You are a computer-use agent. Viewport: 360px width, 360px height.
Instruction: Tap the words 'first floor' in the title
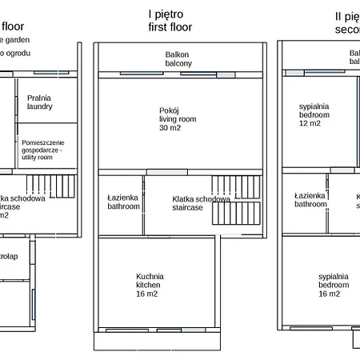tap(170, 26)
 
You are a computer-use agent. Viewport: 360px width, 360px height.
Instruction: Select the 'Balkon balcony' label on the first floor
tap(178, 58)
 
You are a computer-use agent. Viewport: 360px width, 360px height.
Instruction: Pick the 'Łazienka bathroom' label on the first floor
tap(123, 201)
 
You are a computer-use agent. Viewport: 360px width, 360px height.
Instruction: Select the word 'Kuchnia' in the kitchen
tap(152, 277)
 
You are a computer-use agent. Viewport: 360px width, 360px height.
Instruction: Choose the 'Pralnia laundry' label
tap(39, 101)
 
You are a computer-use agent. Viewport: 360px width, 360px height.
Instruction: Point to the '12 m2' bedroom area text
tap(310, 123)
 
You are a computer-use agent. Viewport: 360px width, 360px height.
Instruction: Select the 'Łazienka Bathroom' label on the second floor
tap(310, 199)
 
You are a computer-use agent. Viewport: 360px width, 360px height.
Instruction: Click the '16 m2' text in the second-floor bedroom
tap(330, 294)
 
